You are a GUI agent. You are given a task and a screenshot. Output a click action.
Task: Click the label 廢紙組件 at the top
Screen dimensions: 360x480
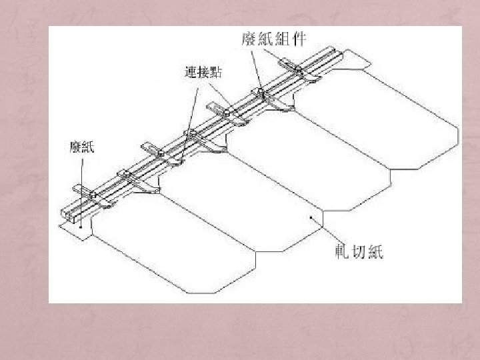point(273,37)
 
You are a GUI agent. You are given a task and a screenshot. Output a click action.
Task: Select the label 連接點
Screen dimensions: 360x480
point(203,71)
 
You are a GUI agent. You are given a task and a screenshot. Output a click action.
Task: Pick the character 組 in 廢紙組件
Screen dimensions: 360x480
point(281,37)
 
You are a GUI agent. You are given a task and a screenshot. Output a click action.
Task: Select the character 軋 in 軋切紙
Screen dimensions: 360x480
point(342,252)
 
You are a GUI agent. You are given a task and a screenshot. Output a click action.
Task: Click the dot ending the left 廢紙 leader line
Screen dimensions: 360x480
point(81,227)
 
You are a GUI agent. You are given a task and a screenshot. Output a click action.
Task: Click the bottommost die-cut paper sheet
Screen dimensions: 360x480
point(180,240)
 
